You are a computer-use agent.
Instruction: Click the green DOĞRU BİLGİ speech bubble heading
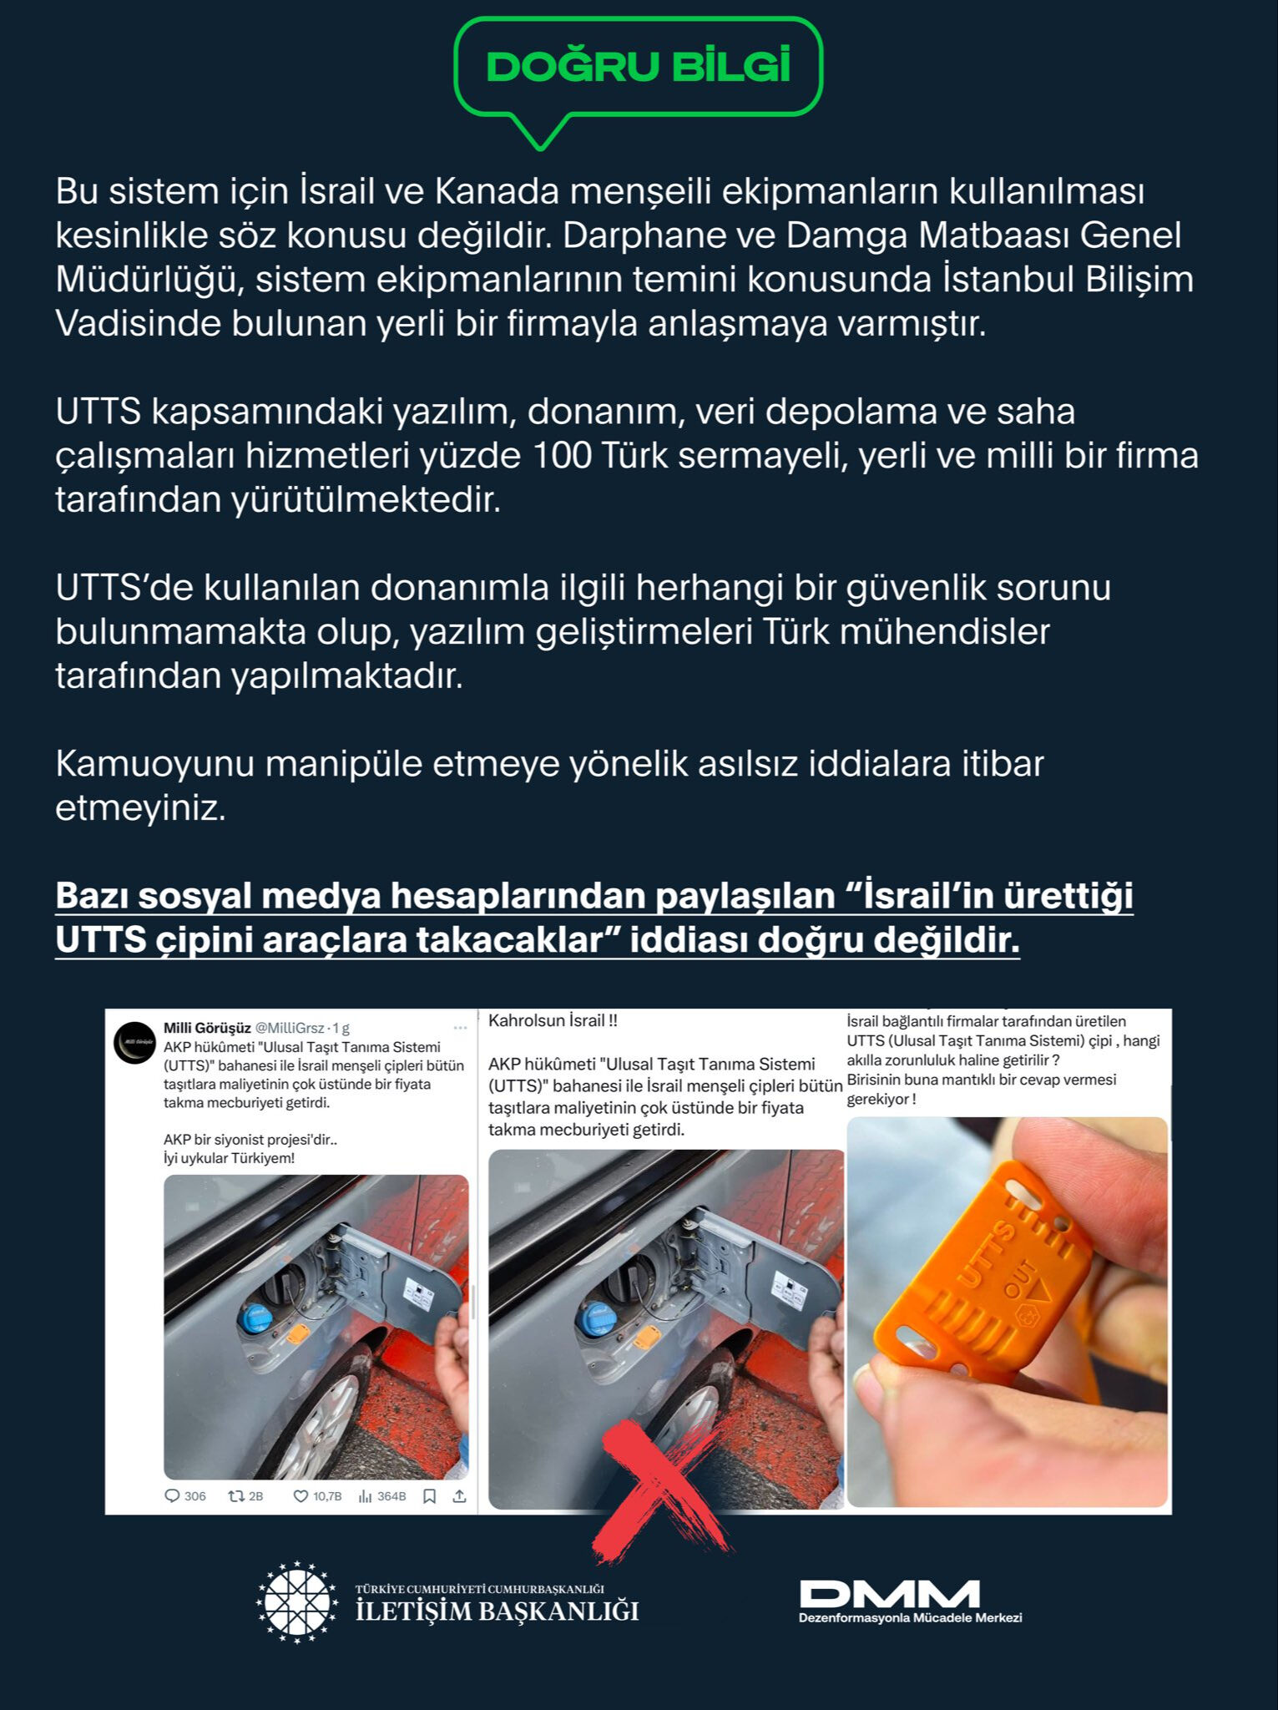coord(638,67)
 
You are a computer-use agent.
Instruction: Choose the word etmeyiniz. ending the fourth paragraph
coord(140,808)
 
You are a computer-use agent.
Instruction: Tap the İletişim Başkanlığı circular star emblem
coord(296,1601)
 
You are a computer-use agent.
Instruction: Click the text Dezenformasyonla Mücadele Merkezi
coord(910,1617)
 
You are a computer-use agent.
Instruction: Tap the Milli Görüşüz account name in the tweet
coord(207,1028)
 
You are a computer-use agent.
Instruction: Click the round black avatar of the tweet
coord(134,1042)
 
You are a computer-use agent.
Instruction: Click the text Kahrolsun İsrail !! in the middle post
coord(553,1020)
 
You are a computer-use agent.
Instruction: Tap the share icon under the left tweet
coord(459,1495)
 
